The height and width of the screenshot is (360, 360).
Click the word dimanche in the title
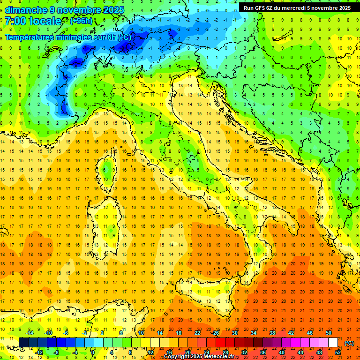[x=24, y=10]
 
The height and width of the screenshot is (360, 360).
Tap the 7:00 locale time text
[x=33, y=22]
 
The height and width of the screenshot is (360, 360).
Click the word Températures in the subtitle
[x=31, y=37]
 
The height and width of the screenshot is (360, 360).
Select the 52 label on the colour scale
[x=338, y=352]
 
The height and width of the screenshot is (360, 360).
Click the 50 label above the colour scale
[x=329, y=333]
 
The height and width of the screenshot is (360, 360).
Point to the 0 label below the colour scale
[x=93, y=352]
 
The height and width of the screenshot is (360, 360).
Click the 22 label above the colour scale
[x=198, y=333]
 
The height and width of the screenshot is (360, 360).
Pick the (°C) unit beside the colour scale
[x=349, y=343]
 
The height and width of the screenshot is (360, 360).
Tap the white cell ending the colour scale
[x=333, y=343]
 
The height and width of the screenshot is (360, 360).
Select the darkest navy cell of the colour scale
[x=23, y=343]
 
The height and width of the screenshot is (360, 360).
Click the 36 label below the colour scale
[x=263, y=352]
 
